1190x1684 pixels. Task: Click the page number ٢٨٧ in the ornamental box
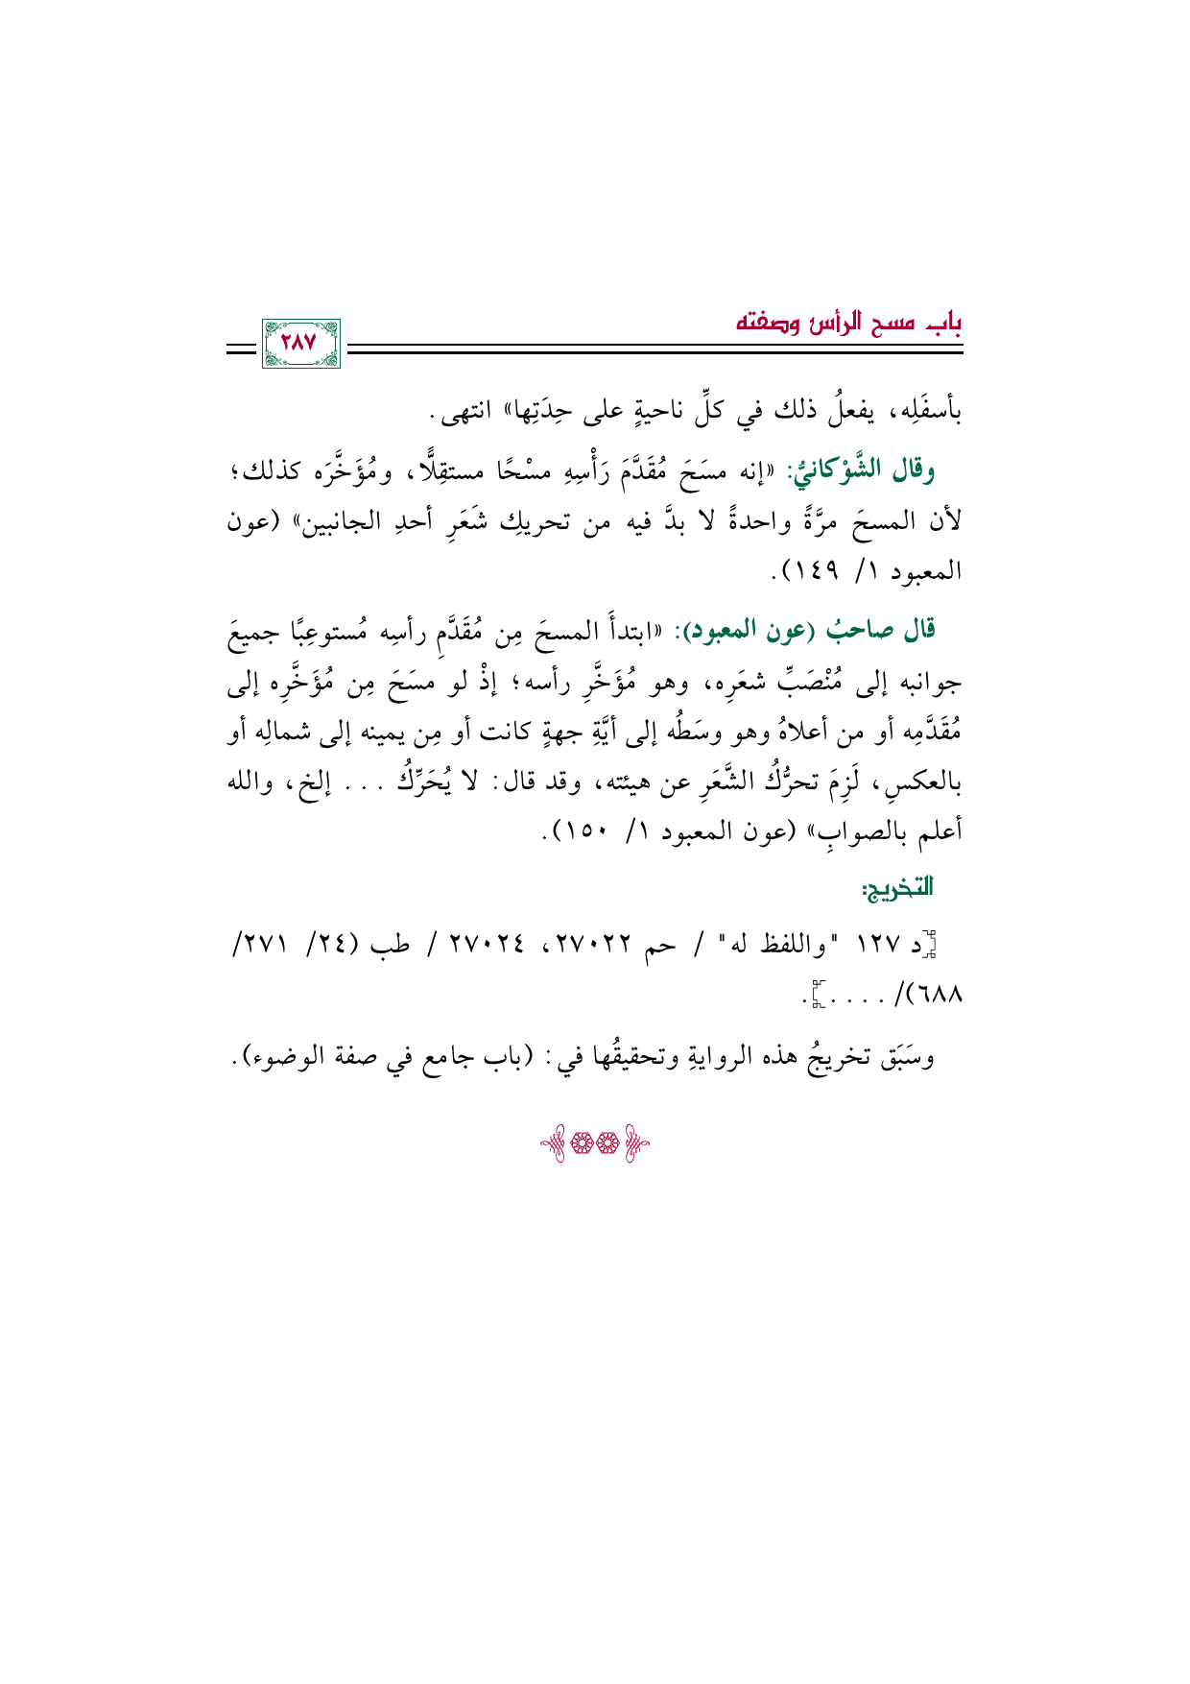coord(299,344)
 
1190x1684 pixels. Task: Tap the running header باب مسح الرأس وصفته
coord(848,324)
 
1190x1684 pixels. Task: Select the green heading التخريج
coord(898,889)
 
